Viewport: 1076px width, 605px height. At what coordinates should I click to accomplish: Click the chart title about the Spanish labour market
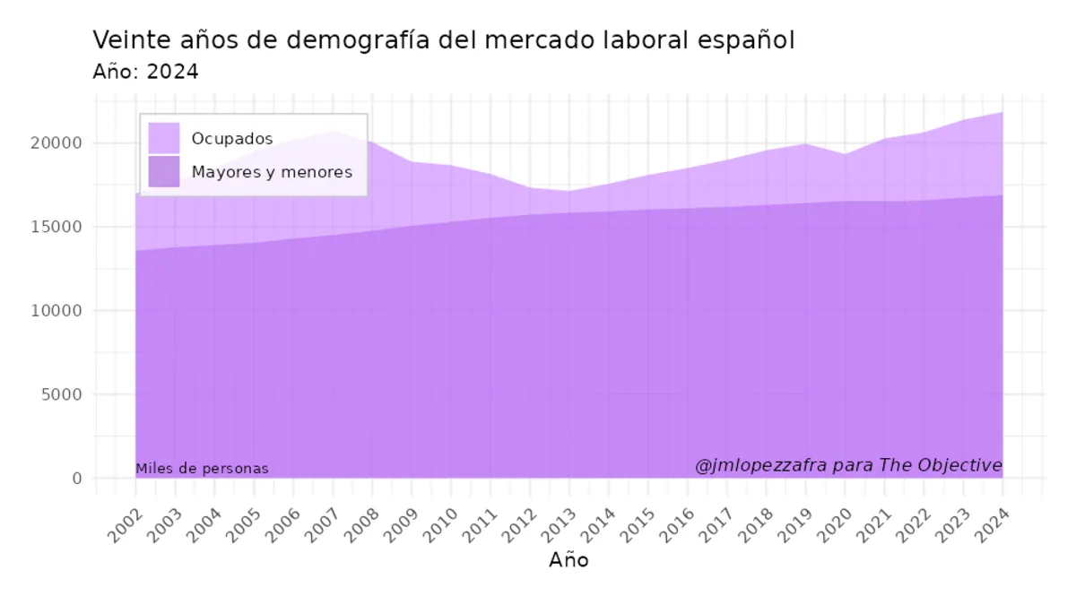(444, 41)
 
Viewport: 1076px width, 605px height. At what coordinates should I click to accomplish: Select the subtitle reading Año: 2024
(145, 73)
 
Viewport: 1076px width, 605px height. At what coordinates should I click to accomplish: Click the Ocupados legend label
(232, 139)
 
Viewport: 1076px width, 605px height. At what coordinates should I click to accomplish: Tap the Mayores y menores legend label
(272, 172)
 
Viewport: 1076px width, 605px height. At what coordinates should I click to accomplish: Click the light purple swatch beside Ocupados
(164, 139)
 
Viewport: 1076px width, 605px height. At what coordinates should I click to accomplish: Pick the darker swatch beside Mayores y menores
(164, 171)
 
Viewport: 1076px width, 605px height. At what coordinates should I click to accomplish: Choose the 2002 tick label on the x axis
(126, 525)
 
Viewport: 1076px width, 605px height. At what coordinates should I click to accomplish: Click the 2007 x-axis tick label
(323, 525)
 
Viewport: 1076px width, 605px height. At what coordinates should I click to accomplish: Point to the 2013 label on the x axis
(559, 525)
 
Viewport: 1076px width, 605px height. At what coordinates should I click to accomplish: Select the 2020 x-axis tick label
(835, 525)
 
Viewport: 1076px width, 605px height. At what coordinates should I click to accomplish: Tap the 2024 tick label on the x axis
(993, 525)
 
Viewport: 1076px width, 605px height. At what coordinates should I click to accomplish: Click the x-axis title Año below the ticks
(568, 560)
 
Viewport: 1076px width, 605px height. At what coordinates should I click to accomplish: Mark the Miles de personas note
(202, 469)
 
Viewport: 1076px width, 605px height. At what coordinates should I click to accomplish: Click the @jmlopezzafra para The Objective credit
(848, 465)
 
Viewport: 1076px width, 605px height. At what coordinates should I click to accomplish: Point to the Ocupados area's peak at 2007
(333, 132)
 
